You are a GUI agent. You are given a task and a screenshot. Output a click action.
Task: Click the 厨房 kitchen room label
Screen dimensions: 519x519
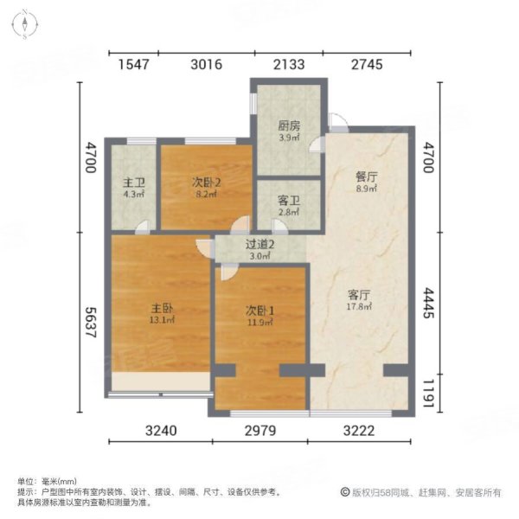coord(289,126)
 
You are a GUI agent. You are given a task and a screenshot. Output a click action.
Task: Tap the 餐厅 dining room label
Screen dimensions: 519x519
coord(368,175)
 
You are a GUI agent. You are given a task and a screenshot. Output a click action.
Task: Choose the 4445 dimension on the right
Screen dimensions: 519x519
coord(426,304)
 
